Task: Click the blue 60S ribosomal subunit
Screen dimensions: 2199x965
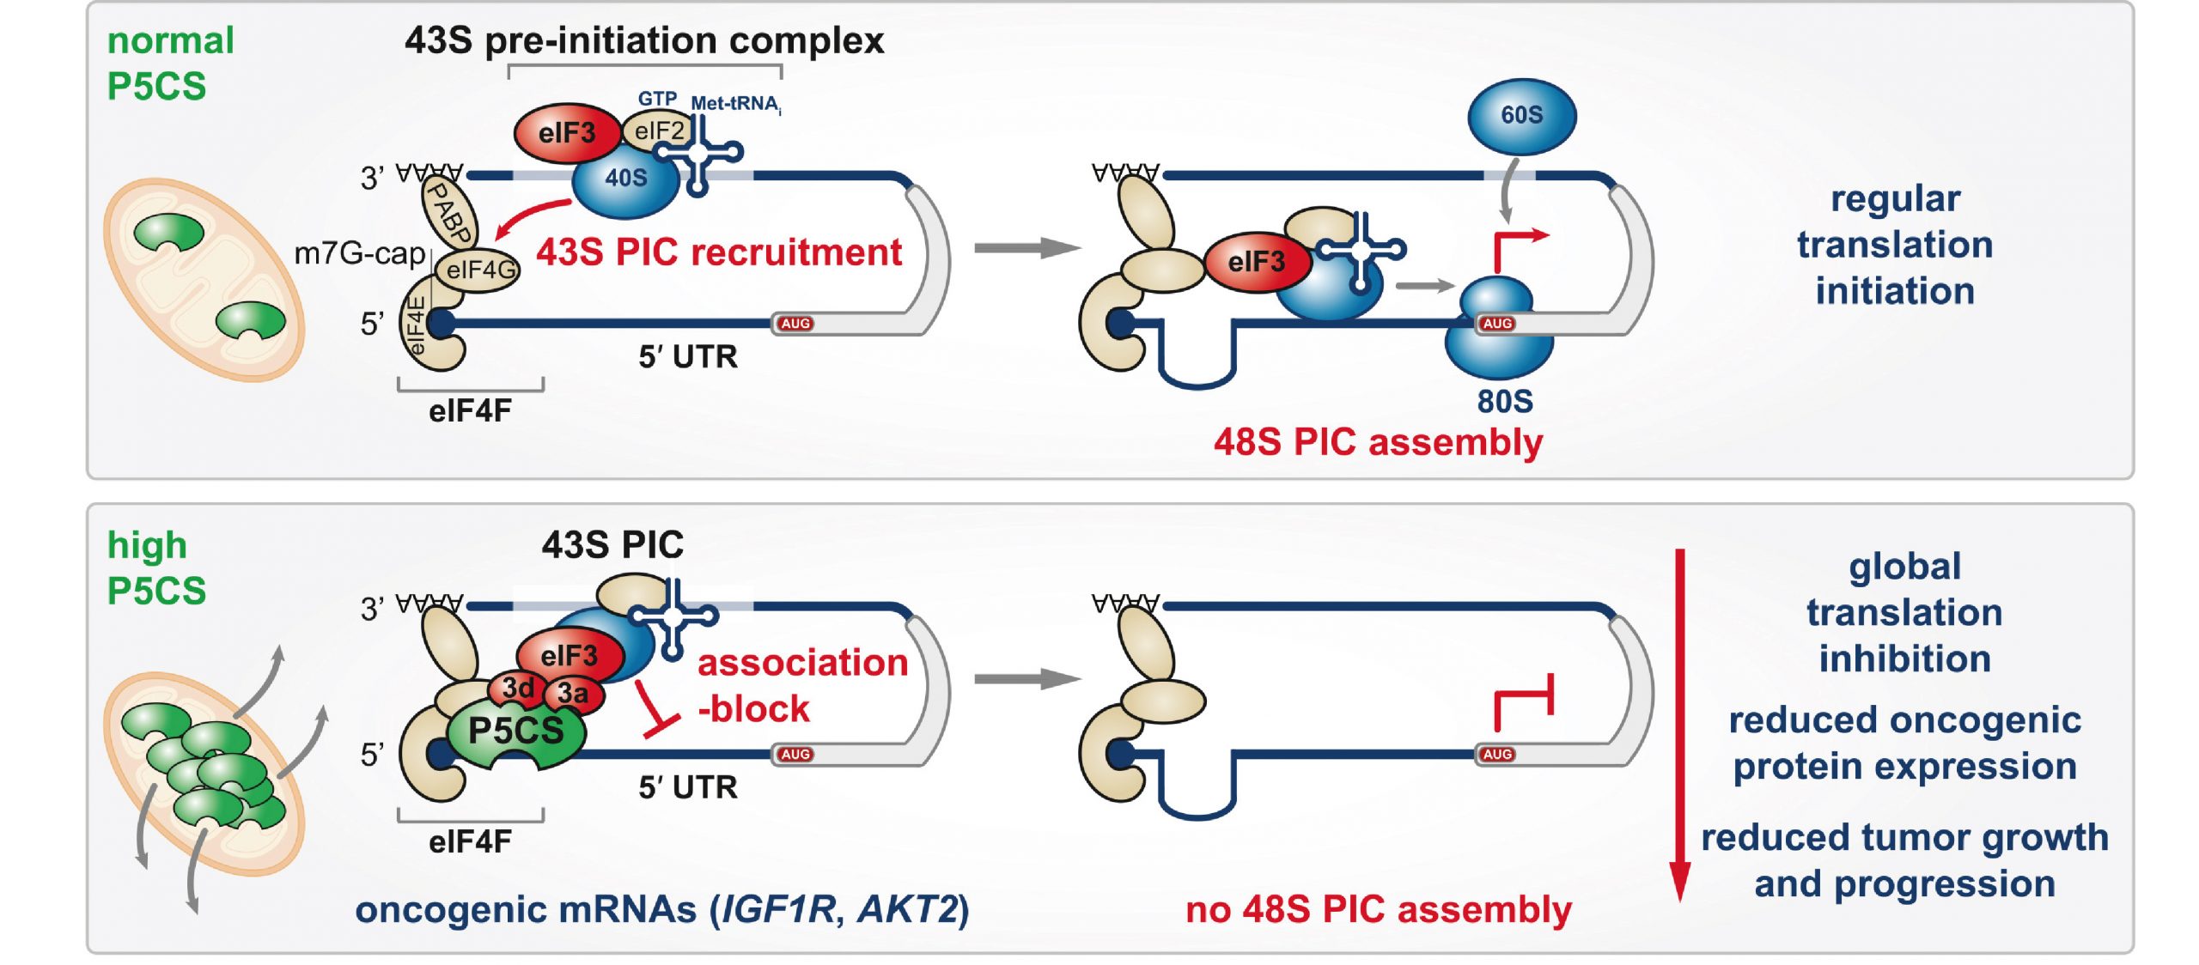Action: (1521, 115)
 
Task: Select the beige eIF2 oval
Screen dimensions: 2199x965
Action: (659, 130)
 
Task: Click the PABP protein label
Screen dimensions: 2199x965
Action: (449, 213)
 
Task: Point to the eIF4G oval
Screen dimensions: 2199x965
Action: (479, 270)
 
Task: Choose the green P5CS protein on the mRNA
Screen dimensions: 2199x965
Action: (516, 731)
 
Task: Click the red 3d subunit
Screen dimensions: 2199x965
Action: (518, 688)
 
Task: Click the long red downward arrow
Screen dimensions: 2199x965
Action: (1680, 725)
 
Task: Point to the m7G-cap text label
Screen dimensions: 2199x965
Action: (359, 253)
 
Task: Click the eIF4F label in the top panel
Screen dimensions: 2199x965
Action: (470, 411)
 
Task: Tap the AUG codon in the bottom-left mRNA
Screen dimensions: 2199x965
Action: (795, 755)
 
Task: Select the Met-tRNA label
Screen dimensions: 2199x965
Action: (735, 104)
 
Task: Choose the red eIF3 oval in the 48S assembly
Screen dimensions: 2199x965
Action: (1257, 262)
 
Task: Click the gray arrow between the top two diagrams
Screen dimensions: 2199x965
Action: (1026, 248)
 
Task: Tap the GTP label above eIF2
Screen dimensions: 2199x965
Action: (657, 99)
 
